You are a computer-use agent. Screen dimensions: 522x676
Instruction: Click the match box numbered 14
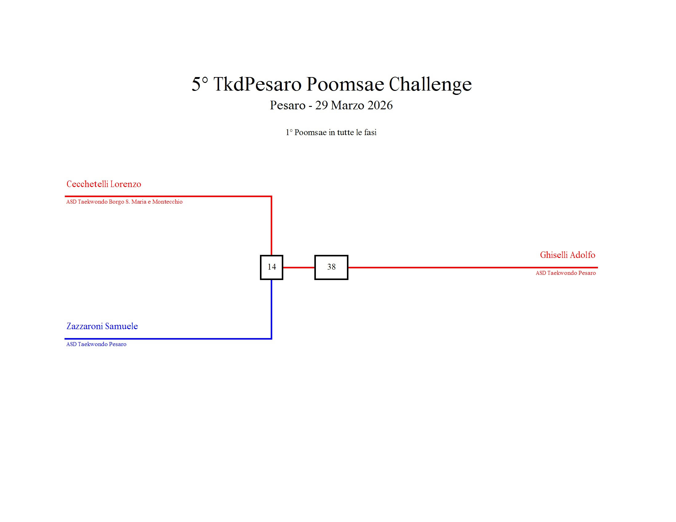pos(271,267)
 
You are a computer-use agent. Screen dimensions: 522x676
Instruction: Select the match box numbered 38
pos(331,267)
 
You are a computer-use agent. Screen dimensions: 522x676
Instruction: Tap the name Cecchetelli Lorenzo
pos(104,184)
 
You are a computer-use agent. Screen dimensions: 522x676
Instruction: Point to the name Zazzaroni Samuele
pos(102,326)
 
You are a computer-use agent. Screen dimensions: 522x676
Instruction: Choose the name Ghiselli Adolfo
pos(567,255)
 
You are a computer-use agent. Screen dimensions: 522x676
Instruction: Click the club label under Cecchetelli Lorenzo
pos(124,202)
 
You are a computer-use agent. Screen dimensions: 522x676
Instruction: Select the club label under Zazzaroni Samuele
pos(96,344)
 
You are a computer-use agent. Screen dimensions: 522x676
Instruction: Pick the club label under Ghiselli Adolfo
pos(565,273)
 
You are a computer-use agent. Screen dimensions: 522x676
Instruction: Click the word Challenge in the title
pos(430,84)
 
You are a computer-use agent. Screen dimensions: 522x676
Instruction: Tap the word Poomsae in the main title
pos(345,84)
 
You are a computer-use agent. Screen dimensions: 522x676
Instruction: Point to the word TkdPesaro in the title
pos(257,84)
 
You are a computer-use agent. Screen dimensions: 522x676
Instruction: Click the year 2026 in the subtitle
pos(380,105)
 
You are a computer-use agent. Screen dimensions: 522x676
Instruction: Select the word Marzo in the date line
pos(348,105)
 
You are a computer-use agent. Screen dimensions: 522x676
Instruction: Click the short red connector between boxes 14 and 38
pos(299,267)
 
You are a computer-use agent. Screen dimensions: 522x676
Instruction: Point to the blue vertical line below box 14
pos(271,309)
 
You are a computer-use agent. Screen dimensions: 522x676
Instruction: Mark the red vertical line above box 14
pos(271,226)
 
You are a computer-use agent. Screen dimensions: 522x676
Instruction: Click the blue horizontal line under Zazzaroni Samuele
pos(167,339)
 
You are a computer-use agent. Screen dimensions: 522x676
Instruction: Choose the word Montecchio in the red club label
pos(167,202)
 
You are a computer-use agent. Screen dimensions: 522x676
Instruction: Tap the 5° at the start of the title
pos(200,84)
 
